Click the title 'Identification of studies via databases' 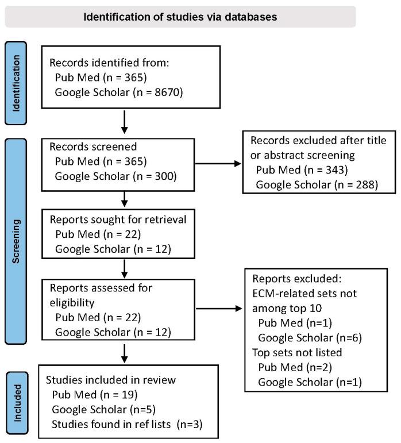[x=180, y=16]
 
